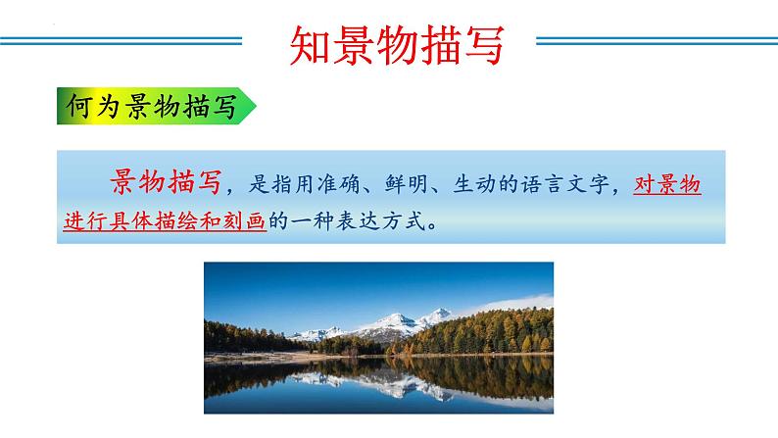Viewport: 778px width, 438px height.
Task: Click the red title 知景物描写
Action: click(x=399, y=44)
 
